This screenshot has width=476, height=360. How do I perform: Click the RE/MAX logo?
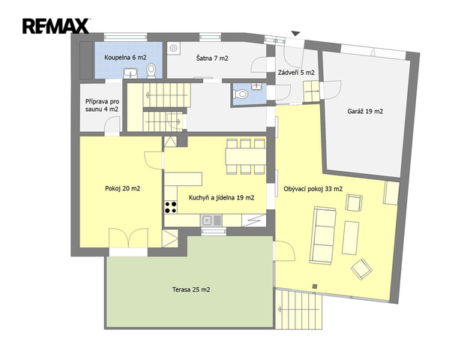click(56, 25)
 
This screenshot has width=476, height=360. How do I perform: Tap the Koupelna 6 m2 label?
click(125, 58)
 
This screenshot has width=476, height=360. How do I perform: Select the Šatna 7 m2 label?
click(212, 58)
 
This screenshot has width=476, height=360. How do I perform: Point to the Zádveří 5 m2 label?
click(296, 73)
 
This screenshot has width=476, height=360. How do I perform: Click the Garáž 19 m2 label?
click(365, 111)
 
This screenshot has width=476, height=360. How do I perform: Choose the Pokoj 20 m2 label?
click(122, 188)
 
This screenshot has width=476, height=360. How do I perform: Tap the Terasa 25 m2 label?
click(191, 289)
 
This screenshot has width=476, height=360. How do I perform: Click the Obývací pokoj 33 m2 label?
click(313, 189)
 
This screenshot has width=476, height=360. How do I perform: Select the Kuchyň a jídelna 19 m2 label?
click(221, 198)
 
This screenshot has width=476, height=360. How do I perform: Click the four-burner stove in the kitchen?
click(171, 207)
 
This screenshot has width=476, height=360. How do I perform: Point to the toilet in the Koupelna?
click(151, 70)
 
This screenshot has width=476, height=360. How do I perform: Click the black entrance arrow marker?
click(295, 34)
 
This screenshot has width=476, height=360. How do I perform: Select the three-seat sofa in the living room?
click(323, 235)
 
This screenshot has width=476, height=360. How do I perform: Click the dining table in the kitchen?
click(246, 157)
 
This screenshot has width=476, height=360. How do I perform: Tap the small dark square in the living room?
click(315, 286)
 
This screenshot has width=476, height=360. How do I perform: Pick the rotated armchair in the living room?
click(361, 269)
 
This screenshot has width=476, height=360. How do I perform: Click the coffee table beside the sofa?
click(350, 238)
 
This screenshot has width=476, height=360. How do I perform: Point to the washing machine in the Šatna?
click(174, 48)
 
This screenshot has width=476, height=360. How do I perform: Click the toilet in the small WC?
click(241, 94)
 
